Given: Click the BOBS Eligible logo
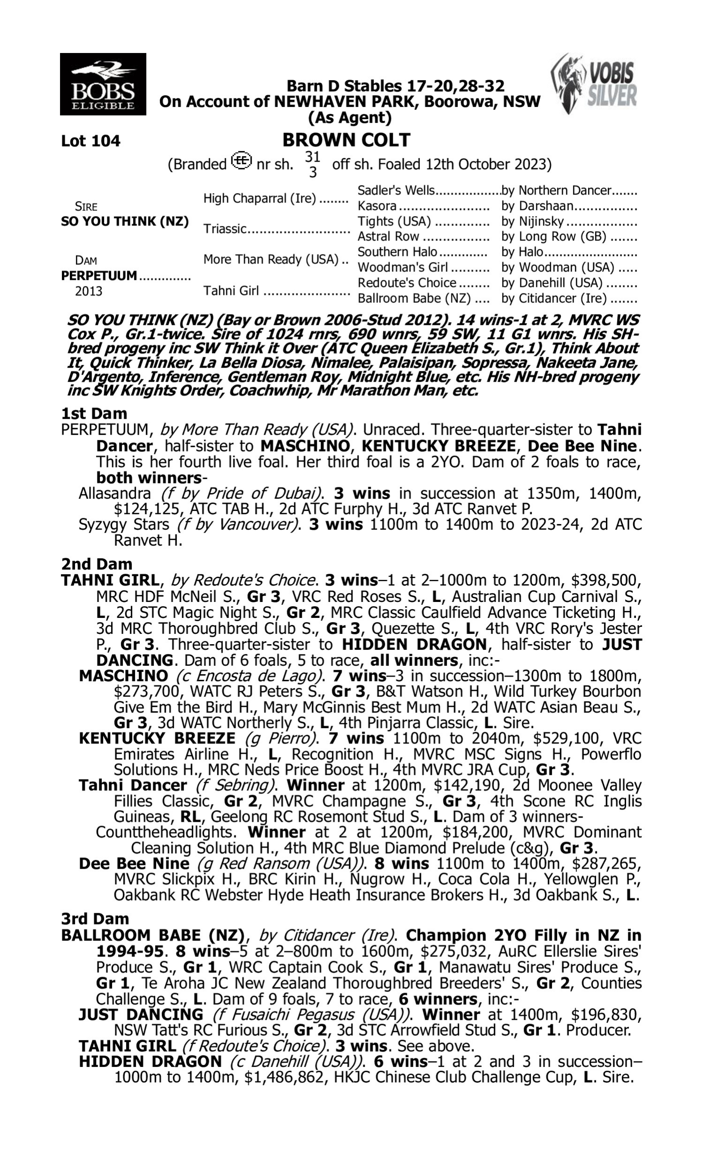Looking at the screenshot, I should pos(103,84).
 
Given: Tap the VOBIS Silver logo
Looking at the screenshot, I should pos(594,84).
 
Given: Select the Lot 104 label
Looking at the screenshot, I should pos(90,141).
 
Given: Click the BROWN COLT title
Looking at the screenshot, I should pos(346,140).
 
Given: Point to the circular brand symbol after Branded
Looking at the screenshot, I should pos(241,162).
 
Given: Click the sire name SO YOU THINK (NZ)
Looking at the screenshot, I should pos(125,221).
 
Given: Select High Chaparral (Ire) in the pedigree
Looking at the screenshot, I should pos(259,198).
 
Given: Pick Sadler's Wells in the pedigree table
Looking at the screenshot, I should pos(396,190).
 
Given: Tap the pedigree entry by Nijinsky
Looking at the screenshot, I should pos(532,221).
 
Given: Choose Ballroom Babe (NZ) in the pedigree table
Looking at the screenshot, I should pos(414,299).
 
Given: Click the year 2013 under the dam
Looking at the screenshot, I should pos(89,291).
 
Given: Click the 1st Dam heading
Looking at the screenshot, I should pos(94,413).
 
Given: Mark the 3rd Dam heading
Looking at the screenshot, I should pos(95,918).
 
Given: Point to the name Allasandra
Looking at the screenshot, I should pos(115,494).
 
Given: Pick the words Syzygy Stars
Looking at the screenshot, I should pos(124,525).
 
